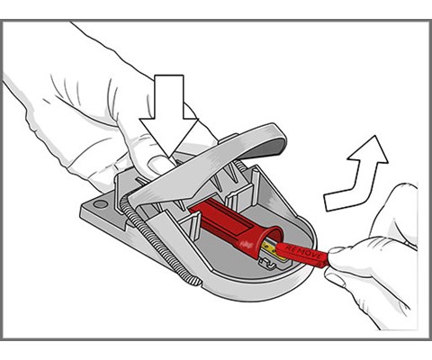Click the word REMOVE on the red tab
(x=303, y=252)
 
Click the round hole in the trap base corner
(x=100, y=204)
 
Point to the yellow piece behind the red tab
(x=270, y=247)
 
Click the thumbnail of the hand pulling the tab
(x=337, y=250)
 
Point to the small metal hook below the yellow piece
(x=267, y=263)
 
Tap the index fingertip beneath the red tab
(x=336, y=278)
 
